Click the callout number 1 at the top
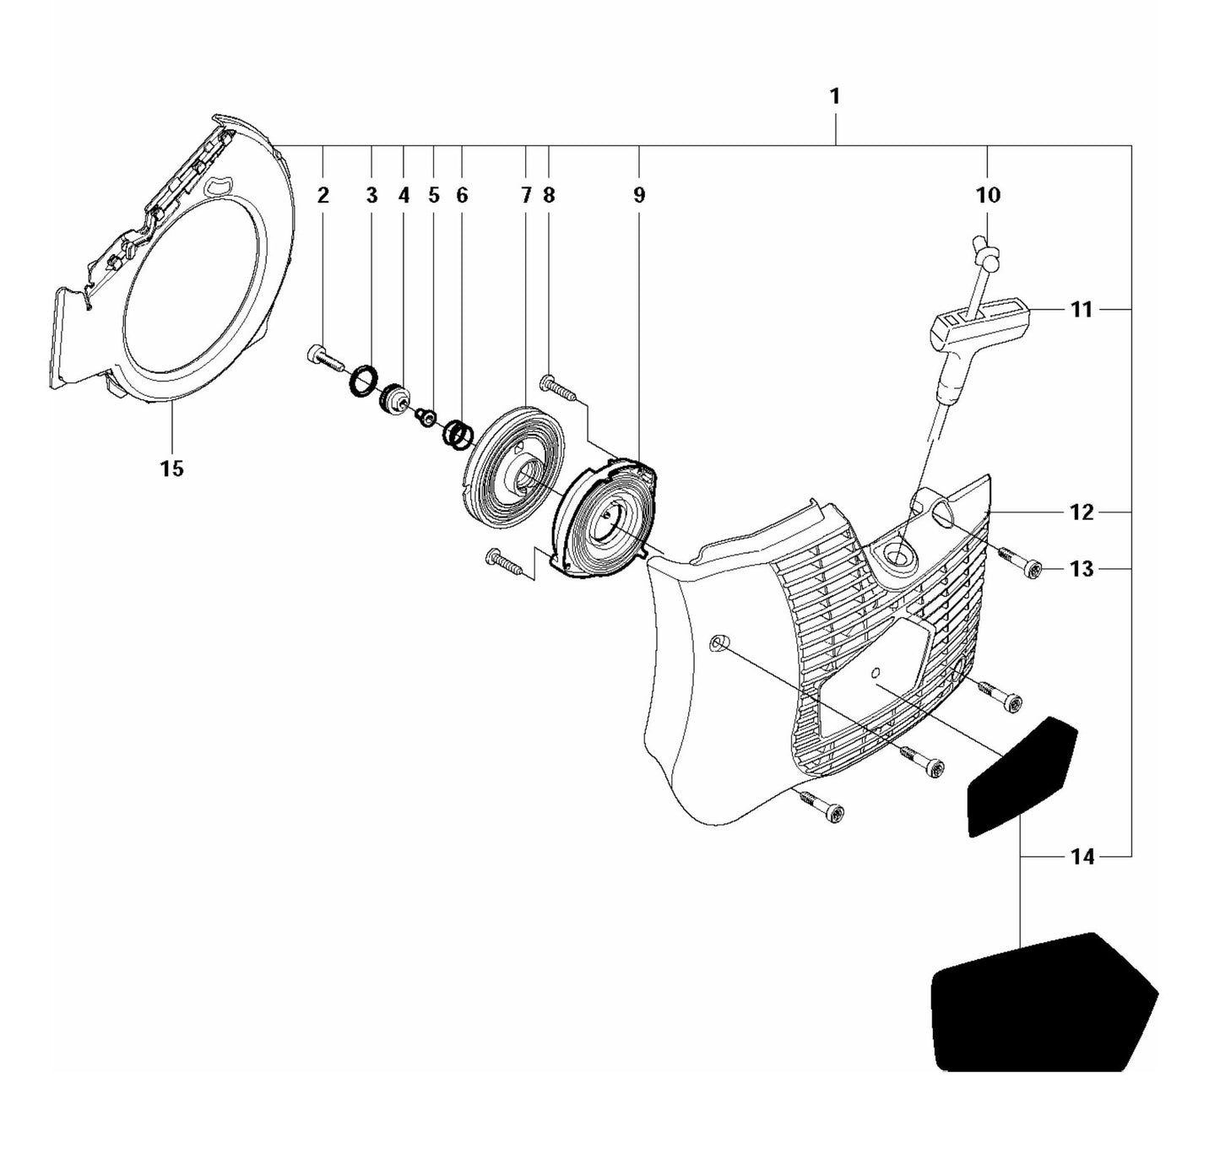pyautogui.click(x=834, y=97)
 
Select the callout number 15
pyautogui.click(x=171, y=469)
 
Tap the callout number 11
pyautogui.click(x=1081, y=310)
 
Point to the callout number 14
pyautogui.click(x=1082, y=857)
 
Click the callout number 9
pyautogui.click(x=639, y=196)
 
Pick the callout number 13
pyautogui.click(x=1082, y=569)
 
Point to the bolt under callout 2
pyautogui.click(x=323, y=359)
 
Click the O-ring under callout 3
pyautogui.click(x=363, y=380)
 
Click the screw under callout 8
pyautogui.click(x=557, y=388)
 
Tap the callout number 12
pyautogui.click(x=1082, y=512)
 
